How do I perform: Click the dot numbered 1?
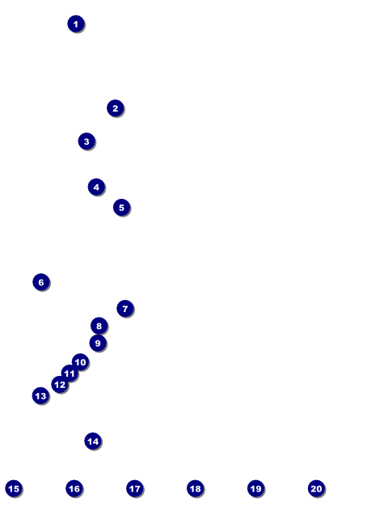click(x=76, y=23)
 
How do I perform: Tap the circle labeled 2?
click(x=115, y=108)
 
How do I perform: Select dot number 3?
click(x=87, y=141)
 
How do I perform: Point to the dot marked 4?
click(x=96, y=187)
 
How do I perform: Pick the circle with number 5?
click(x=121, y=208)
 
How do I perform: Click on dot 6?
click(x=41, y=282)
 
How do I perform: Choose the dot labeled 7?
click(x=125, y=309)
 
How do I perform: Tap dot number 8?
click(x=99, y=326)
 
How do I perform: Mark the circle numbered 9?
click(x=98, y=343)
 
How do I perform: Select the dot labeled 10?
click(x=80, y=362)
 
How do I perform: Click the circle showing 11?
click(x=70, y=373)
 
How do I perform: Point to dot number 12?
click(x=60, y=385)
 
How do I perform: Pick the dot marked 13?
click(x=40, y=396)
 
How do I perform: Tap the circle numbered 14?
click(x=93, y=441)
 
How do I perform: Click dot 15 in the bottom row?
click(x=14, y=488)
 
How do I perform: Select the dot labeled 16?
click(x=74, y=488)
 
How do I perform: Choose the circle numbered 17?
click(x=135, y=488)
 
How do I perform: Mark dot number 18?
click(x=196, y=488)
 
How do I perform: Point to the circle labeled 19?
click(x=256, y=488)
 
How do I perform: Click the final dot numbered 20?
click(x=316, y=488)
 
